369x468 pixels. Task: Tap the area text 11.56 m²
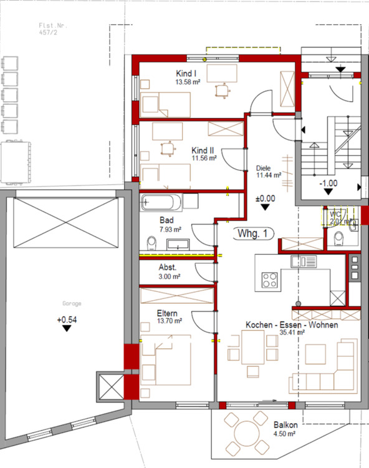(x=204, y=158)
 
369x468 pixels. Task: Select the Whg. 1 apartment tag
(x=253, y=233)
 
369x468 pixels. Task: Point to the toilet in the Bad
(x=151, y=243)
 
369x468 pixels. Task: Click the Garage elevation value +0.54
(x=67, y=320)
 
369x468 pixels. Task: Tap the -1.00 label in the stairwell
(x=328, y=184)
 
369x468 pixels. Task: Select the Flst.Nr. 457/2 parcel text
(x=53, y=29)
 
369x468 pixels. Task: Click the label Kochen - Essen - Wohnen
(x=292, y=326)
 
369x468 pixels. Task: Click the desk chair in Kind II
(x=166, y=149)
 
